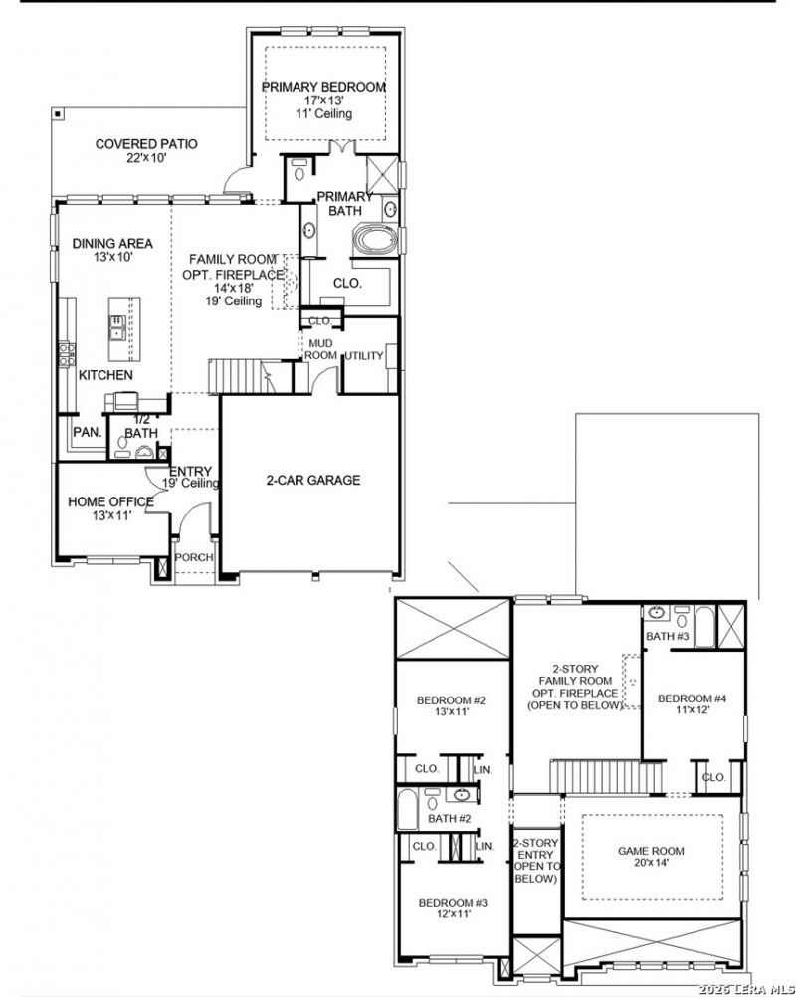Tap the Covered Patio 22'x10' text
point(146,150)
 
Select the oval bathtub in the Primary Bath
point(376,240)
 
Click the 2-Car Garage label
point(312,480)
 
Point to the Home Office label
point(110,508)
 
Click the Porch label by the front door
point(194,557)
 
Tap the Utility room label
point(363,356)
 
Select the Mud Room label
point(320,349)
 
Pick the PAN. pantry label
point(88,433)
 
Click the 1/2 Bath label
point(141,426)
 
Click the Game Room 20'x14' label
point(651,857)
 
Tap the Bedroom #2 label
point(451,705)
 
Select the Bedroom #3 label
point(453,908)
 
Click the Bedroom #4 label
point(692,703)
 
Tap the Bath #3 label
point(667,636)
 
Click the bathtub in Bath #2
point(407,809)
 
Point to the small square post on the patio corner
point(58,113)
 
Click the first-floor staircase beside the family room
point(241,376)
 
